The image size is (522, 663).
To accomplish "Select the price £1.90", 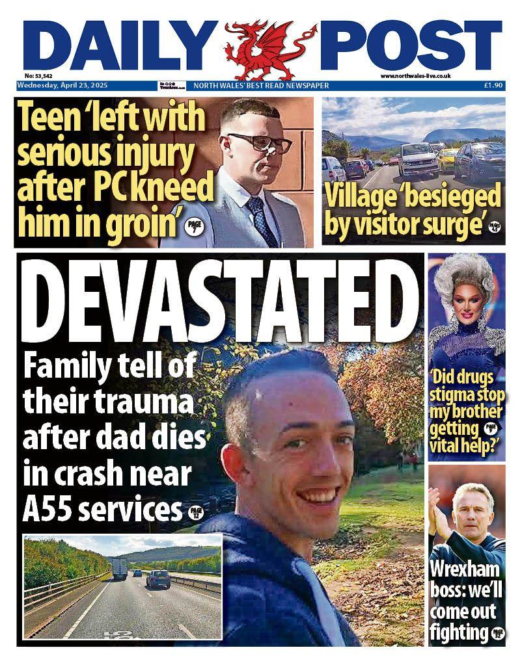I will pos(492,85).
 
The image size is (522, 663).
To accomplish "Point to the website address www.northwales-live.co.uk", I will pos(416,76).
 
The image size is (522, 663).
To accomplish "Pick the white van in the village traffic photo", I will pos(418,159).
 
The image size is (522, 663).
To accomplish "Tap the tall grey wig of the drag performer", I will pos(463,276).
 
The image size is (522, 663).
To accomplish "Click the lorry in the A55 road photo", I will pos(119,567).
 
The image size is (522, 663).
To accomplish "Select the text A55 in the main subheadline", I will pos(44,510).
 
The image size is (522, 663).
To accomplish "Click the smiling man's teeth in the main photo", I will pos(320,496).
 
